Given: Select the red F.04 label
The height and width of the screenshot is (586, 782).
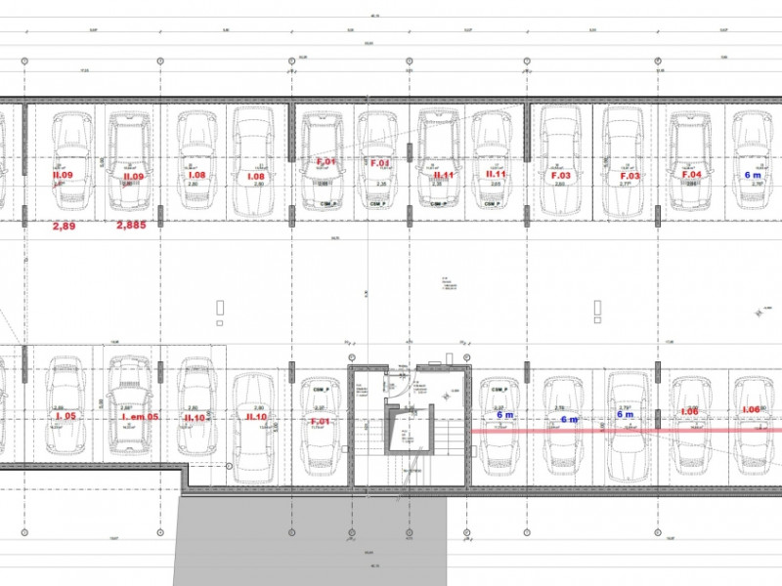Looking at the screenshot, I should tap(691, 174).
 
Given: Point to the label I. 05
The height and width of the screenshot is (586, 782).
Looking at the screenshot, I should tap(65, 416).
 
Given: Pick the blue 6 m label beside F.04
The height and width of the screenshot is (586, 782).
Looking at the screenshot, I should tap(753, 174).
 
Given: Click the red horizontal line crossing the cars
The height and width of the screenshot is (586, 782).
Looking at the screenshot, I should tap(626, 429).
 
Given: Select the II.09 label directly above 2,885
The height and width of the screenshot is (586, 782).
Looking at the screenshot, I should tap(132, 176).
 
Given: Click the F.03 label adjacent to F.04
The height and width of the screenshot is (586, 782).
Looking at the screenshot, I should tap(629, 175).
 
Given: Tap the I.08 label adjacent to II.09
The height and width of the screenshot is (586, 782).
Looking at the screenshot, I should tap(196, 176).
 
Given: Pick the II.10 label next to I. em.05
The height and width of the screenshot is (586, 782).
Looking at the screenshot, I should tap(195, 417).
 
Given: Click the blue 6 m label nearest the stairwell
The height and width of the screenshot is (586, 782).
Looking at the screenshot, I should tap(504, 415).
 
